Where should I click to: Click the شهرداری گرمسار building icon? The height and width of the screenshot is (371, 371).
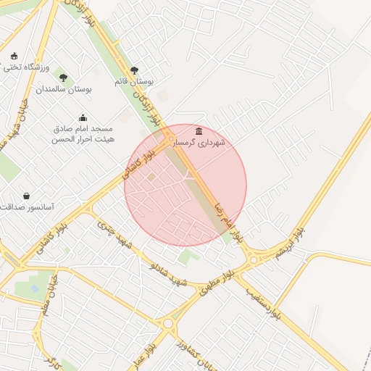(199, 130)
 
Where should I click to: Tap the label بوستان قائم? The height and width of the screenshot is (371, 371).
(133, 81)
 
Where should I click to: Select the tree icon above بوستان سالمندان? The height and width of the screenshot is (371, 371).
(63, 78)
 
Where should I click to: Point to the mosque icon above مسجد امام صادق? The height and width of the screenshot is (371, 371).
(83, 117)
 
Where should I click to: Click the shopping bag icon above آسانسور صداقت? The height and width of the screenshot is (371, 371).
(27, 196)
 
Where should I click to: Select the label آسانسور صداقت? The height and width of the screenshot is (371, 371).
(28, 207)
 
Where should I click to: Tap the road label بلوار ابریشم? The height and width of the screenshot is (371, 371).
(288, 243)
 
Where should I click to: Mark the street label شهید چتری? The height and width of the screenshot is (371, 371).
(116, 237)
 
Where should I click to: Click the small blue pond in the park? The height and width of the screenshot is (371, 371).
(35, 288)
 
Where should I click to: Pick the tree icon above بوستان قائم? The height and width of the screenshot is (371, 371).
(134, 70)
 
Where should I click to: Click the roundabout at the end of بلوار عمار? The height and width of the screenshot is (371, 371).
(170, 323)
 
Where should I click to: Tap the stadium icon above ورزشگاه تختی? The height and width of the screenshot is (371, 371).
(14, 56)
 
